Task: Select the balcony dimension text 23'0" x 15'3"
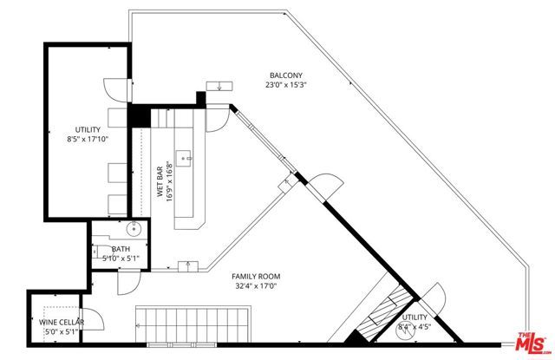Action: point(286,85)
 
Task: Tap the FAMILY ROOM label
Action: point(256,277)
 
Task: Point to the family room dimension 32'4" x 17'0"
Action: point(256,287)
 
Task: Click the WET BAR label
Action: point(160,183)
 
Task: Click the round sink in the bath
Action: point(133,230)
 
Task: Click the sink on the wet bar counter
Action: point(184,160)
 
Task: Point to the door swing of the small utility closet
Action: point(436,298)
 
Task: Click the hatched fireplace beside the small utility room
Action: point(382,317)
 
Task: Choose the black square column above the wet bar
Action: point(138,116)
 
